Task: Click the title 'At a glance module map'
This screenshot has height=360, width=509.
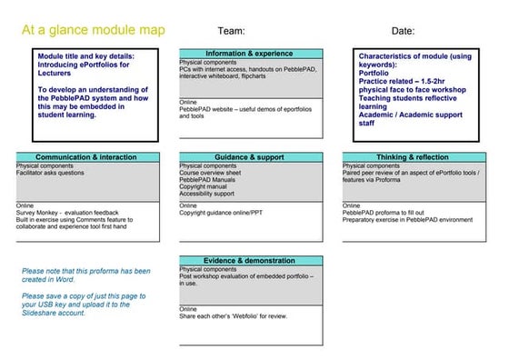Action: pyautogui.click(x=94, y=30)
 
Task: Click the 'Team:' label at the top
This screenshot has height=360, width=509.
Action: pyautogui.click(x=232, y=30)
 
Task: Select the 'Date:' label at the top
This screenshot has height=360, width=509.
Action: pyautogui.click(x=403, y=30)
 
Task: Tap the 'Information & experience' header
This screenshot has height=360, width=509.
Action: pyautogui.click(x=250, y=54)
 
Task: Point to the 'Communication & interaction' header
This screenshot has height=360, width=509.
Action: pyautogui.click(x=86, y=157)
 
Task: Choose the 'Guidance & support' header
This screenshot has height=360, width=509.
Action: pyautogui.click(x=250, y=157)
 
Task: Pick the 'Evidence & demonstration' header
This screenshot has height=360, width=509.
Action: pyautogui.click(x=250, y=261)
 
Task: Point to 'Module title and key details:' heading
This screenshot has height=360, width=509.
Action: pyautogui.click(x=81, y=55)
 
